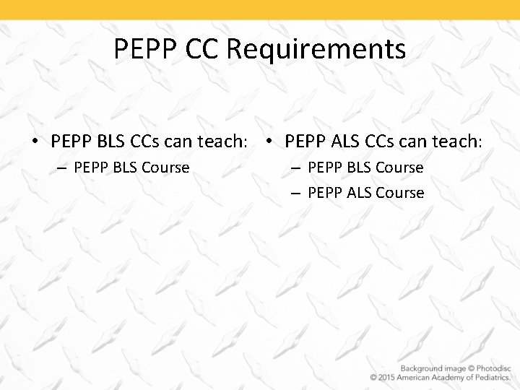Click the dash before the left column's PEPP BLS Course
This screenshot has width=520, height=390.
pyautogui.click(x=61, y=168)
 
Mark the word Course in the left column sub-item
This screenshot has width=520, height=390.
pyautogui.click(x=166, y=168)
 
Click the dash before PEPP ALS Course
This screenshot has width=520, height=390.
pyautogui.click(x=295, y=194)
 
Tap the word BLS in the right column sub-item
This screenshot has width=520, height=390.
pyautogui.click(x=358, y=168)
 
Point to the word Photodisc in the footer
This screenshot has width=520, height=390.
pyautogui.click(x=488, y=368)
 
